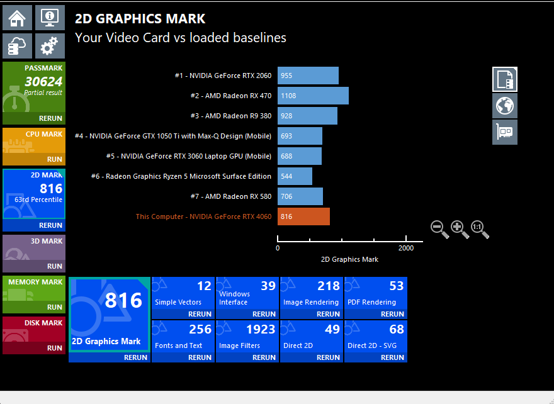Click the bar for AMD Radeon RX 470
click(x=313, y=96)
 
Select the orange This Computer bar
click(x=303, y=216)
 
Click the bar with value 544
click(x=295, y=176)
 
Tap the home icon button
click(x=17, y=17)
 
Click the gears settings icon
click(x=49, y=46)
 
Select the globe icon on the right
click(x=505, y=106)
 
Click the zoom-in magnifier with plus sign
click(x=460, y=229)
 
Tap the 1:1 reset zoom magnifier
click(x=480, y=229)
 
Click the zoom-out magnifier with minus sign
click(x=439, y=229)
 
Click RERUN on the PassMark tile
click(x=51, y=118)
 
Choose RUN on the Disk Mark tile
click(x=55, y=348)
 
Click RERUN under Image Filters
click(x=264, y=357)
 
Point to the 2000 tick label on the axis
click(x=406, y=248)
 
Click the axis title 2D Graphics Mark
click(x=349, y=259)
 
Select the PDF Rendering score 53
click(x=396, y=286)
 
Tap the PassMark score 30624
click(x=43, y=81)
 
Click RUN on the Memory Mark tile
click(x=55, y=307)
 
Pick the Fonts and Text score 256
click(x=200, y=329)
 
